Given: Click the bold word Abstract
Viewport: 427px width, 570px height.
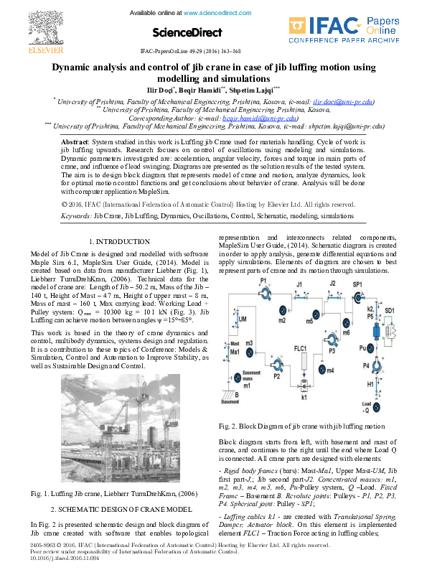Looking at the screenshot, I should tap(75, 144).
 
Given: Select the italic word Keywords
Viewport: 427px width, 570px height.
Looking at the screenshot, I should tap(76, 215).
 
